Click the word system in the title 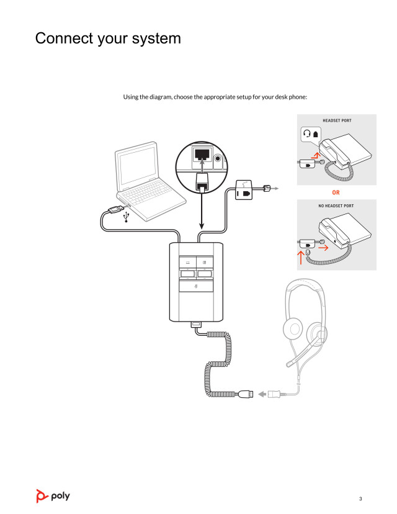(154, 38)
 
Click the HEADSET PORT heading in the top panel (337, 120)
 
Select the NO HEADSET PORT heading (337, 205)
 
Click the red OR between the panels (336, 192)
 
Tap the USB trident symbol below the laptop (127, 216)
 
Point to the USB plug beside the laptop (115, 209)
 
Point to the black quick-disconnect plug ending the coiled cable (246, 394)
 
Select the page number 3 (360, 498)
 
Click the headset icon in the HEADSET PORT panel (306, 133)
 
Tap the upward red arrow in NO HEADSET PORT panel (301, 257)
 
